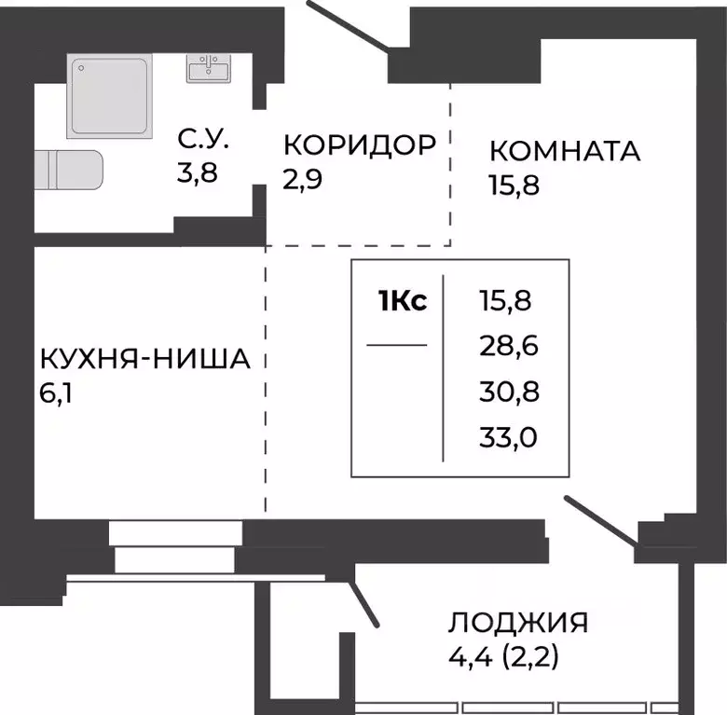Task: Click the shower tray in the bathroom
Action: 108,96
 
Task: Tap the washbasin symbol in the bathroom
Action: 209,69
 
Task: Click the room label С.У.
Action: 203,144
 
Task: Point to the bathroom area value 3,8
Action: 198,173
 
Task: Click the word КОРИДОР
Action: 359,145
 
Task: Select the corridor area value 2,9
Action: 303,178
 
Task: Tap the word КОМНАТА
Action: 565,151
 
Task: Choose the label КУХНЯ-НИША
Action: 144,359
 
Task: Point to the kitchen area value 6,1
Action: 57,392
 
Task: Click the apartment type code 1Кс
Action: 403,302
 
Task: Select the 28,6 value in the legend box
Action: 509,347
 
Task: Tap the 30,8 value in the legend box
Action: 509,391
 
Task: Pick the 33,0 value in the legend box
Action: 509,435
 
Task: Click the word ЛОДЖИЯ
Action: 517,623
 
